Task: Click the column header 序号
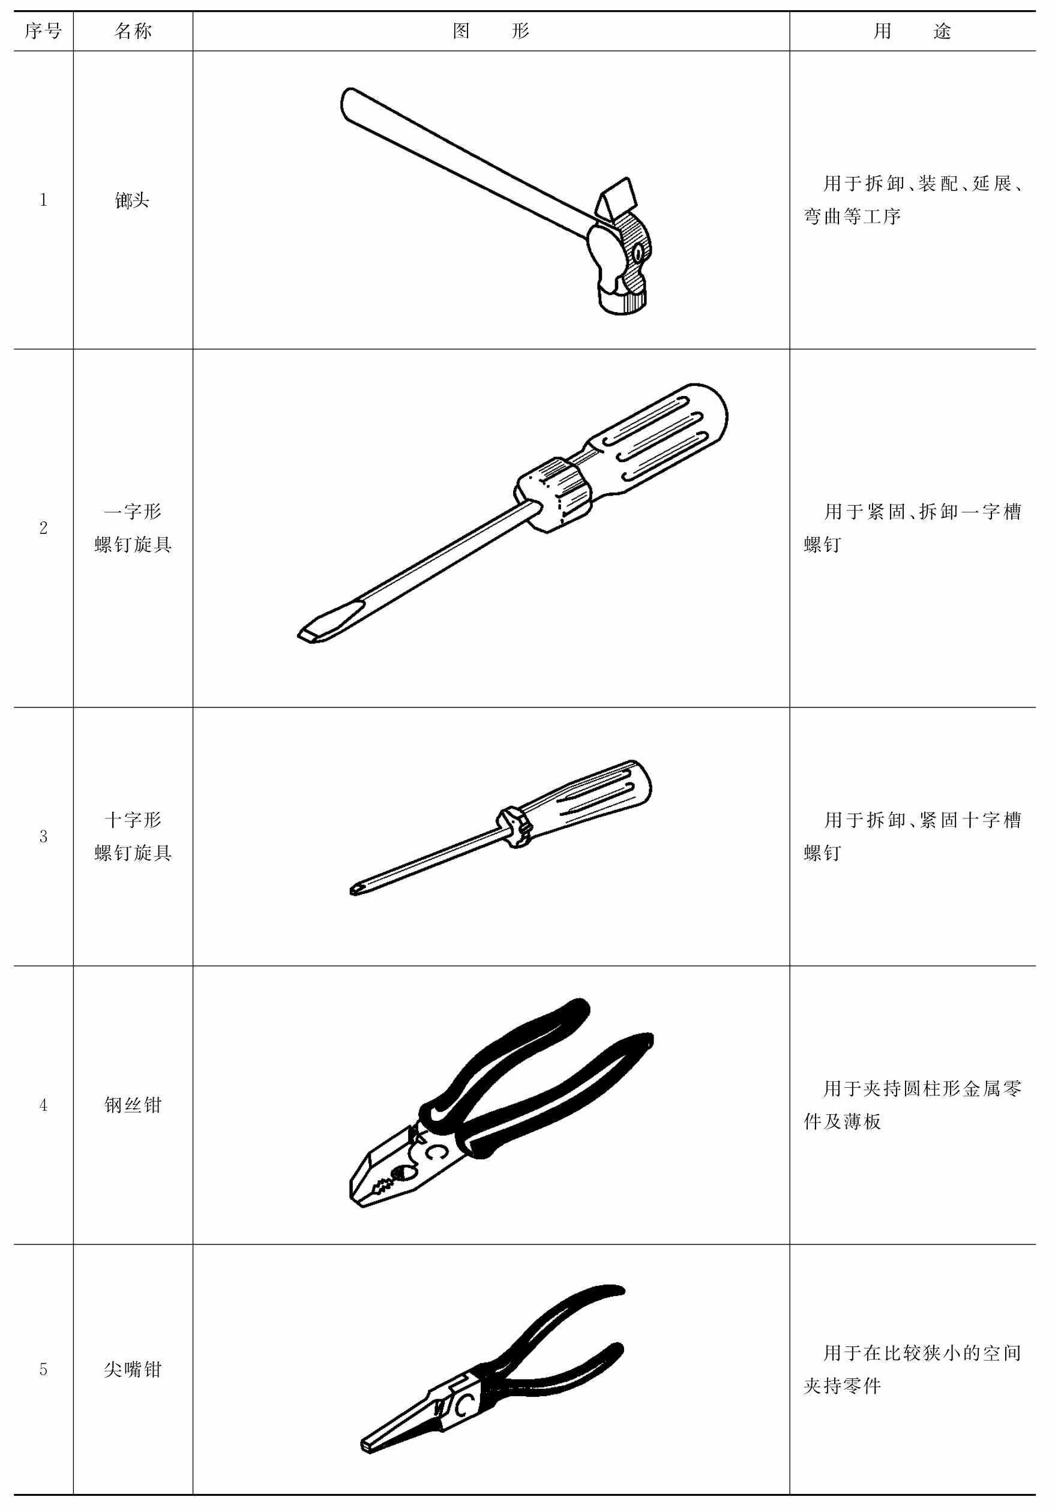tap(43, 31)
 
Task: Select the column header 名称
tap(133, 31)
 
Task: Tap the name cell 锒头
tap(133, 200)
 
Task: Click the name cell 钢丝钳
tap(133, 1105)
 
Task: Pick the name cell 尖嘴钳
tap(133, 1369)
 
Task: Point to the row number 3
tap(43, 836)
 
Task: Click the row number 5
tap(43, 1370)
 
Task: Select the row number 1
tap(43, 200)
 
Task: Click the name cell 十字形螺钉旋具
tap(133, 836)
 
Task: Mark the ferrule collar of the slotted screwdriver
tap(552, 494)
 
